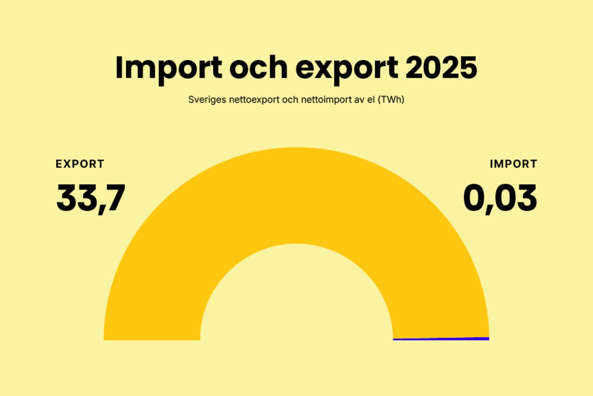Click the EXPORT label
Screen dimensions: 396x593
click(80, 164)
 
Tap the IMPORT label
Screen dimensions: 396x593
click(514, 164)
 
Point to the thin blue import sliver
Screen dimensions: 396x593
click(441, 339)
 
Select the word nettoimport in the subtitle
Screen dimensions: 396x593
click(323, 100)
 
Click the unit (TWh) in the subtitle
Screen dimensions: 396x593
click(393, 100)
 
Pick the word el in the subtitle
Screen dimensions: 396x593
click(374, 100)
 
